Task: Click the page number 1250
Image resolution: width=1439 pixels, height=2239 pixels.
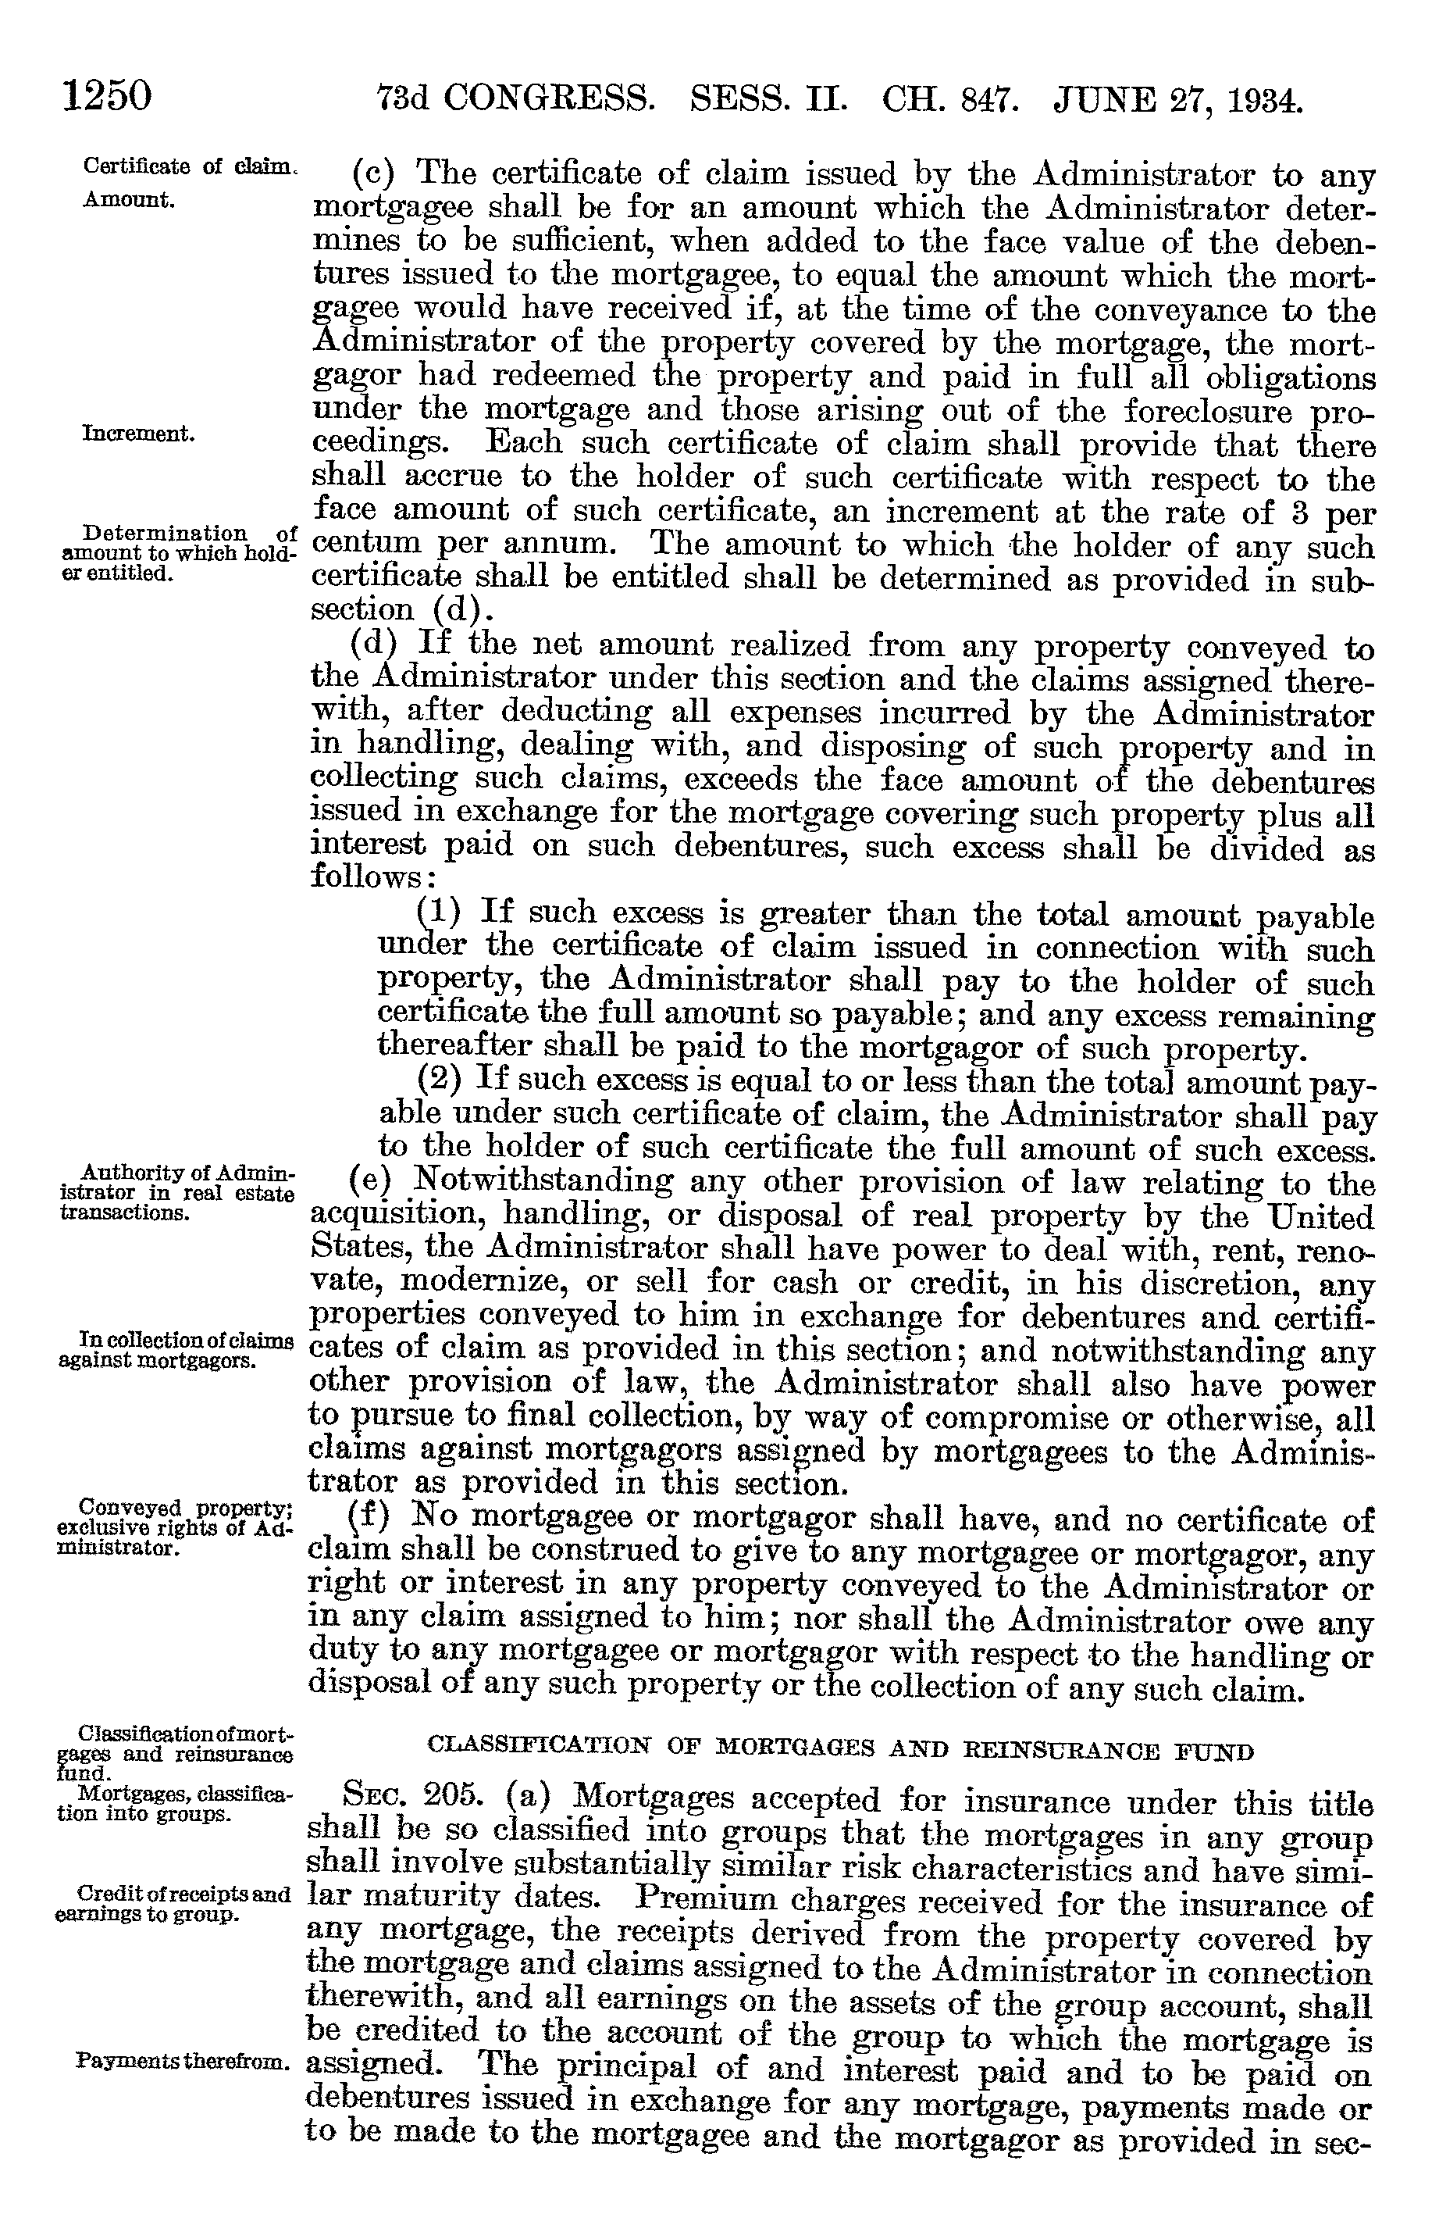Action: pyautogui.click(x=106, y=95)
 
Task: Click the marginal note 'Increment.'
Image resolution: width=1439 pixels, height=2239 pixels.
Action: pyautogui.click(x=138, y=434)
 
